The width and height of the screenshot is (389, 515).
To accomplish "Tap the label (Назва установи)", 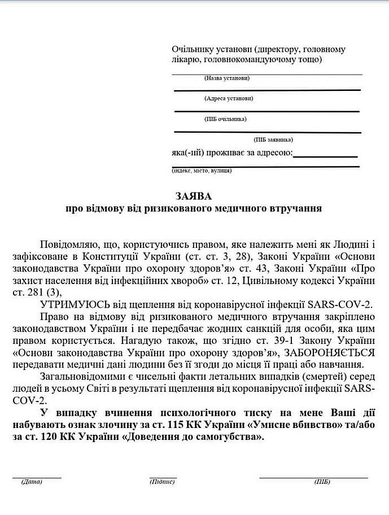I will point(227,78).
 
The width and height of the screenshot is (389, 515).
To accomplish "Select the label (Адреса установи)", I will point(229,98).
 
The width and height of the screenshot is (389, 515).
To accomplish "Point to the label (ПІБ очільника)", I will point(225,119).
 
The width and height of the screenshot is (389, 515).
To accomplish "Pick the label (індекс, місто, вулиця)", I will point(202,170).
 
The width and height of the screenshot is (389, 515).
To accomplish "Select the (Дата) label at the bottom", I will point(32,482).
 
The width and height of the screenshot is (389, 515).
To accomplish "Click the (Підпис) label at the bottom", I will point(163,482).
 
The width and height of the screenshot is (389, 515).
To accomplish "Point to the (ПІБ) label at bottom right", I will point(322,482).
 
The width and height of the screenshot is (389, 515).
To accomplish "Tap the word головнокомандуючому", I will point(250,59).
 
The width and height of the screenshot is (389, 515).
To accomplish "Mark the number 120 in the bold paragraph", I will point(57,437).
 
